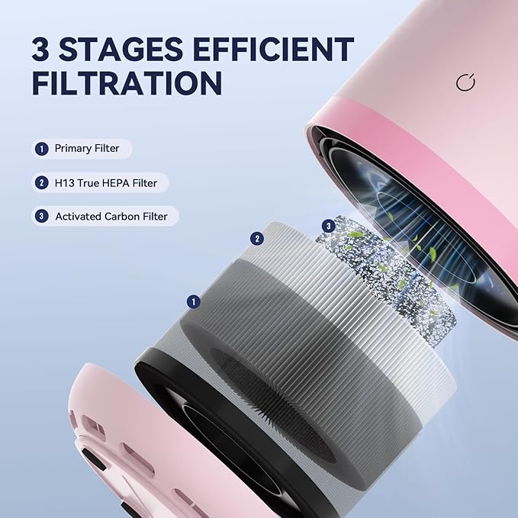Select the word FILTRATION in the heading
tap(127, 83)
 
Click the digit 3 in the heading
tap(43, 50)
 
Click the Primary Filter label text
tap(87, 148)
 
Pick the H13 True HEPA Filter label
tap(107, 182)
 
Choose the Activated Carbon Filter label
tap(111, 217)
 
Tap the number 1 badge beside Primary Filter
tap(41, 148)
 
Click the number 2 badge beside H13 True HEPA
tap(41, 182)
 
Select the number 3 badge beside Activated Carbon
tap(41, 217)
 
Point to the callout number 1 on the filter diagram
tap(194, 302)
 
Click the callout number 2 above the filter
tap(258, 239)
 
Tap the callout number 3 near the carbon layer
tap(329, 226)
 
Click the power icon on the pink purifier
tap(466, 83)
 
